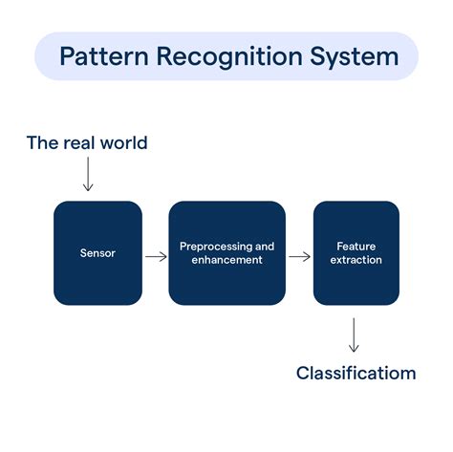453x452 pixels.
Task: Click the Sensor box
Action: [98, 252]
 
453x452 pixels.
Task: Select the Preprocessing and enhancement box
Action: [226, 252]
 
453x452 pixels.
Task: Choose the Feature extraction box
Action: [356, 252]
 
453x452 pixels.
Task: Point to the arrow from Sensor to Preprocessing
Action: [155, 255]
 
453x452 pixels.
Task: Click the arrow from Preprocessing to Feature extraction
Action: [299, 255]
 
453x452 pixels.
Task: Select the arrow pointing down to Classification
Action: [355, 334]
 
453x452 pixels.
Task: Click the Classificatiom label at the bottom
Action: [356, 373]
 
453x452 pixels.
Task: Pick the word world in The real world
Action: [123, 142]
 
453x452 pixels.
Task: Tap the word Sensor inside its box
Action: [98, 253]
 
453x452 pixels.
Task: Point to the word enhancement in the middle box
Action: [226, 260]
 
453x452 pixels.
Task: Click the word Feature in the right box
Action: [356, 247]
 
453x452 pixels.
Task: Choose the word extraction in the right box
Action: [356, 260]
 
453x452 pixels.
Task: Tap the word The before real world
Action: [42, 142]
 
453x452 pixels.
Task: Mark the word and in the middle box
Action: [265, 247]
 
